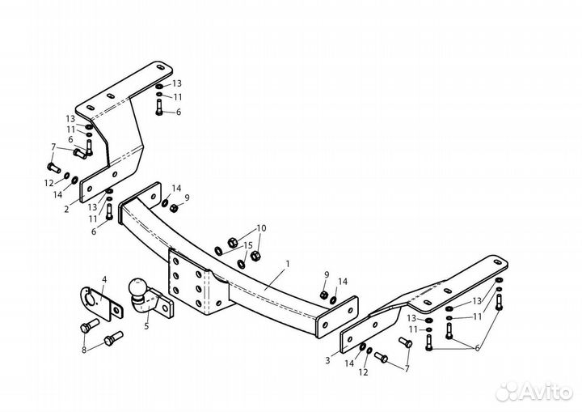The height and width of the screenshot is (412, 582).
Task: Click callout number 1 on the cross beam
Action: click(x=287, y=264)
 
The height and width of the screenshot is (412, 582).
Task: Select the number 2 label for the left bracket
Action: click(x=66, y=210)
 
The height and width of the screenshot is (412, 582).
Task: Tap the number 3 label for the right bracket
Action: click(x=327, y=360)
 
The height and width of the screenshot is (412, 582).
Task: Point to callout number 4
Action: click(x=104, y=279)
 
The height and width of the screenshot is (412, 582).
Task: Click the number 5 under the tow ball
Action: click(x=146, y=326)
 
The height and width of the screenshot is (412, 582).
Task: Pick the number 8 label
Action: click(x=84, y=350)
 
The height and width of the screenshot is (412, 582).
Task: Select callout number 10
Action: click(x=261, y=228)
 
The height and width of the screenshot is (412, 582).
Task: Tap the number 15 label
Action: click(x=248, y=245)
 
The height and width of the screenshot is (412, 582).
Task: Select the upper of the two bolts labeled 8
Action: click(x=90, y=325)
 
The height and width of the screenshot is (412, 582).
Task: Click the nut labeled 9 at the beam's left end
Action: click(x=173, y=208)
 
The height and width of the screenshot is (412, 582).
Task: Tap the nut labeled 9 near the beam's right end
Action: click(x=323, y=295)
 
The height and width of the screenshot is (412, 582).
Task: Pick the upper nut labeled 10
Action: click(x=232, y=243)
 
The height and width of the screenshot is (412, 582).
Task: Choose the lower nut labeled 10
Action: click(x=255, y=256)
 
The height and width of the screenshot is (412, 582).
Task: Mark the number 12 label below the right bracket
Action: click(x=364, y=372)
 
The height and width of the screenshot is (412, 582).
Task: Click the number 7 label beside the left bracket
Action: click(x=53, y=147)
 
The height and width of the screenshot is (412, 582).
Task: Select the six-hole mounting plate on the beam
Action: click(x=189, y=282)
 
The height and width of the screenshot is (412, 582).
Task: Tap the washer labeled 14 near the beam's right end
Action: click(x=333, y=299)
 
